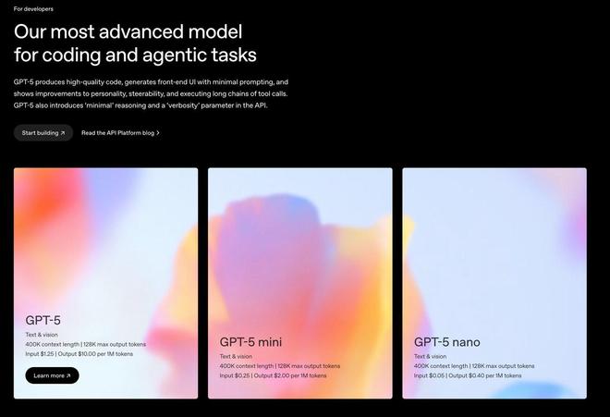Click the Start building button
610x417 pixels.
tap(43, 133)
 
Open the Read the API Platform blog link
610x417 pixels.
tap(120, 133)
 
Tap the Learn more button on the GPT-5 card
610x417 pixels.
tap(52, 375)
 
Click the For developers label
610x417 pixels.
tap(33, 9)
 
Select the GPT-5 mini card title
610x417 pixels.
tap(250, 342)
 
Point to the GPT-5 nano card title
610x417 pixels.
tap(447, 342)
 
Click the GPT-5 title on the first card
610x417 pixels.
tap(43, 320)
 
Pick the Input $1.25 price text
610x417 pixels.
tap(40, 354)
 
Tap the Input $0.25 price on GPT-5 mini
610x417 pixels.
tap(234, 375)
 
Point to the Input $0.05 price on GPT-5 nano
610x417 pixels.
tap(429, 375)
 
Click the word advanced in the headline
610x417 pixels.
tap(141, 31)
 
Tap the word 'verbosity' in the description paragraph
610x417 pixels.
tap(183, 105)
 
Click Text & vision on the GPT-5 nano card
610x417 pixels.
tap(431, 356)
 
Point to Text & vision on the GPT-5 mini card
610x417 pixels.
tap(236, 356)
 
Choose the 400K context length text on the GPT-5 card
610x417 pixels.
tap(52, 344)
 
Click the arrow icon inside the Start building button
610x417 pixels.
tap(63, 133)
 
